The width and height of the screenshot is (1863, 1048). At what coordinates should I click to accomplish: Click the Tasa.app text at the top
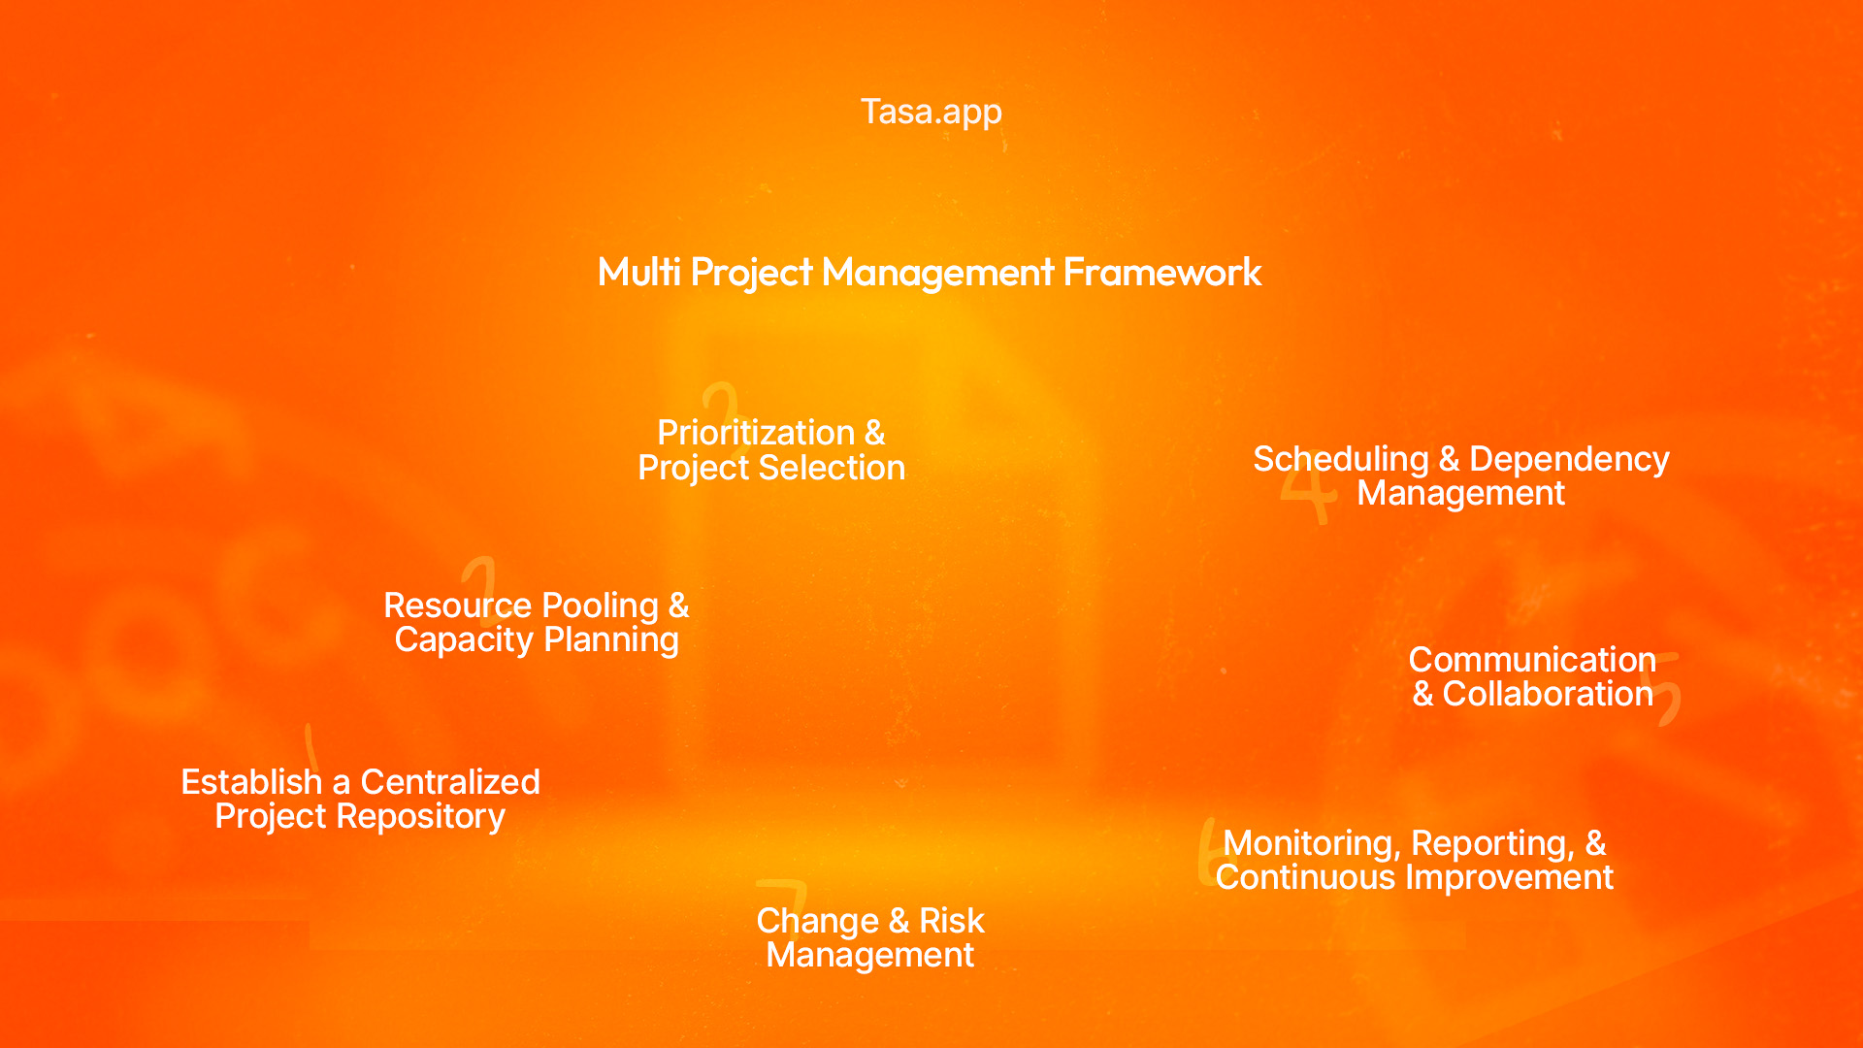931,112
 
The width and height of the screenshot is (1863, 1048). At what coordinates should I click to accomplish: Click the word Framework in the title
1161,272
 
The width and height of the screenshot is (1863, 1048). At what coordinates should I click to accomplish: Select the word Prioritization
756,433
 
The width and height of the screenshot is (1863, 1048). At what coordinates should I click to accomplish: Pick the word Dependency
1569,459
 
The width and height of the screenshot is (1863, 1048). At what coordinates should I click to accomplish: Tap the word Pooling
600,606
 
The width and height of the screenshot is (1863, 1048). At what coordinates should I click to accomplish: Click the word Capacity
464,640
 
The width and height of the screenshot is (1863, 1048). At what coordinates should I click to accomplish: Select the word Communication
1531,660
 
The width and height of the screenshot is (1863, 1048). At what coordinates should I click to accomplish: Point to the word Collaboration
1547,694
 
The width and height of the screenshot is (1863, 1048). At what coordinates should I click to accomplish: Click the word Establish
251,782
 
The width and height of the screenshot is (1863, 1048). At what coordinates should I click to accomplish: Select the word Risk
951,921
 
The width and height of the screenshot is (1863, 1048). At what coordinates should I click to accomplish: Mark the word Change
817,921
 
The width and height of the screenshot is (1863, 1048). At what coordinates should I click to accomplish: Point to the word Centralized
450,782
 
